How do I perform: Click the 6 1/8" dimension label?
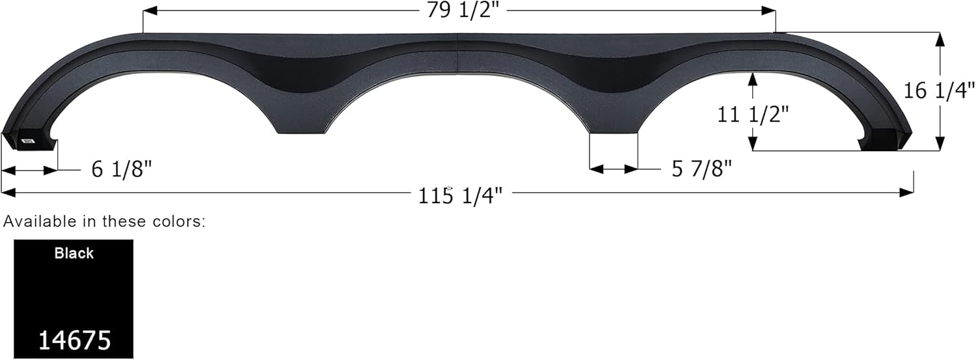pyautogui.click(x=122, y=170)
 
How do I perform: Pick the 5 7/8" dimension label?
pyautogui.click(x=701, y=169)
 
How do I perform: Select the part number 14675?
pyautogui.click(x=74, y=340)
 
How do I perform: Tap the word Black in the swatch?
pyautogui.click(x=74, y=253)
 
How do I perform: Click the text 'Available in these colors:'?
pyautogui.click(x=105, y=221)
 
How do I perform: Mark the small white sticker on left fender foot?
pyautogui.click(x=28, y=140)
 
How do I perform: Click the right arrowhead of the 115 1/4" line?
pyautogui.click(x=908, y=192)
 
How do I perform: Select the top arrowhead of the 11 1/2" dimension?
pyautogui.click(x=753, y=77)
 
